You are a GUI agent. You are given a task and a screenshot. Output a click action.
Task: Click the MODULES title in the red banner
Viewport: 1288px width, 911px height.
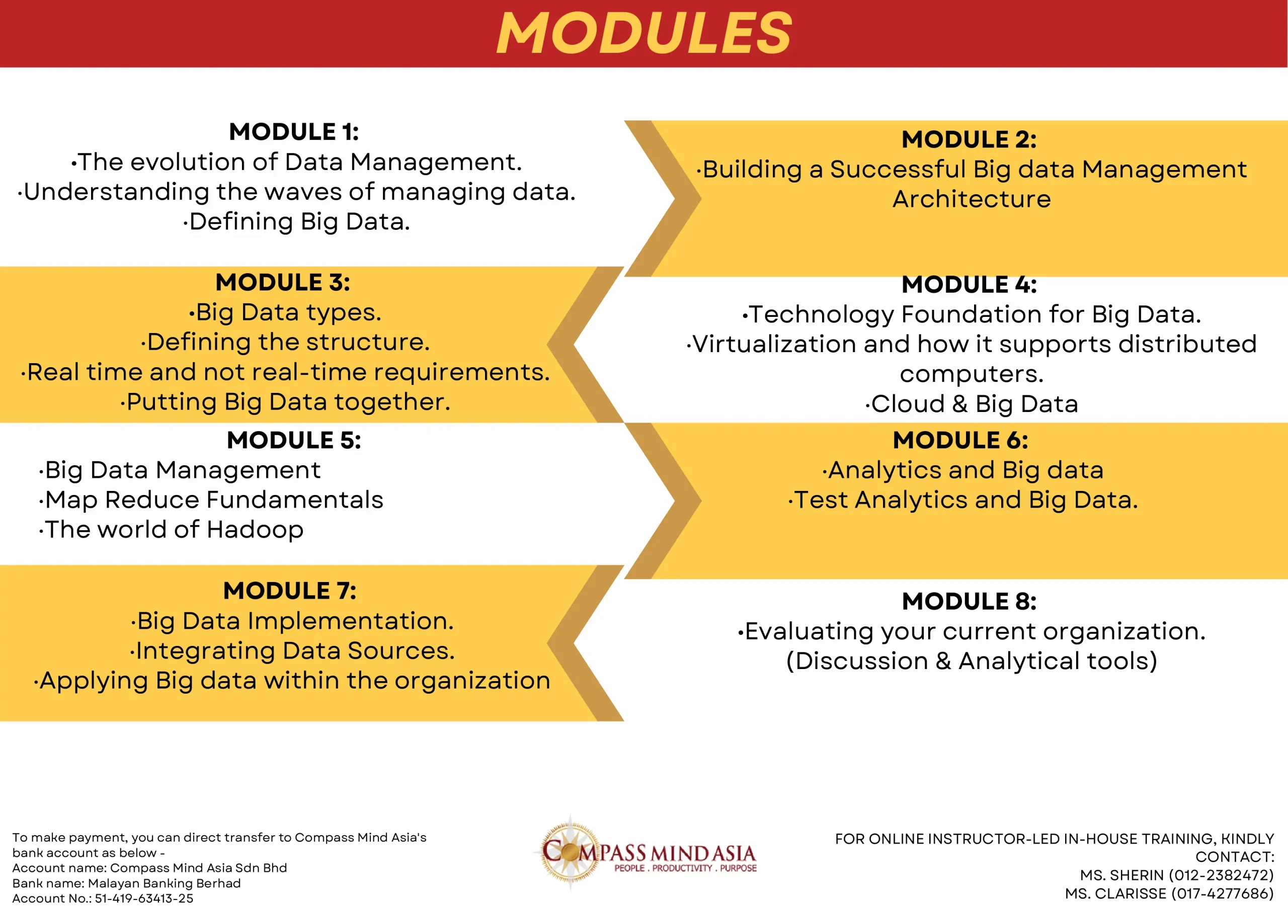tap(644, 34)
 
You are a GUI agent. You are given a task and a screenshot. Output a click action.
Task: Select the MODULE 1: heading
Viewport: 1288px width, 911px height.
tap(294, 132)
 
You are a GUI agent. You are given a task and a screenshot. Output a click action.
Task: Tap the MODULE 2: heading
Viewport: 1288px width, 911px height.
tap(970, 139)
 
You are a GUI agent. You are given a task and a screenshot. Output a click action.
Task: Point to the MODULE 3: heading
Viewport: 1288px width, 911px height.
tap(283, 282)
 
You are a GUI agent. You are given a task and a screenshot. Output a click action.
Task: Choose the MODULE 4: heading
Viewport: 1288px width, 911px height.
tap(970, 284)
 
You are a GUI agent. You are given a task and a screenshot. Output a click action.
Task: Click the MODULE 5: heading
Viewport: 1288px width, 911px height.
tap(294, 440)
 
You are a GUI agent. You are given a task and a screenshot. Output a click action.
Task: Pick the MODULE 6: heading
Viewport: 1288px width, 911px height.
tap(961, 440)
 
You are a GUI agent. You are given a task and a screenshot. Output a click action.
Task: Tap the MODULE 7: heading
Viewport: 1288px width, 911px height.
tap(289, 591)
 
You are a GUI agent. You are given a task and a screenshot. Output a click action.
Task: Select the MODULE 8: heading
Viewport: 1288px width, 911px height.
tap(970, 601)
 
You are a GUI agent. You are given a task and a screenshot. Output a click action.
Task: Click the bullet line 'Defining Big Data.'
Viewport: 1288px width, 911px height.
tap(297, 221)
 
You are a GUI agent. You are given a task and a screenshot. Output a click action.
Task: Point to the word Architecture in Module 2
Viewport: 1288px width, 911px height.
tap(972, 199)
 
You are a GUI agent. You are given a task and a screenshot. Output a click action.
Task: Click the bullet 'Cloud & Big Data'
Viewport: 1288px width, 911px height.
tap(972, 404)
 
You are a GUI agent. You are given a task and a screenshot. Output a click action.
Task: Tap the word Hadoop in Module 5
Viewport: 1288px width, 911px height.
tap(255, 530)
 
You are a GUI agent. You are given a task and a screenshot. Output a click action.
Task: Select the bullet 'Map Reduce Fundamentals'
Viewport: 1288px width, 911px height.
tap(211, 500)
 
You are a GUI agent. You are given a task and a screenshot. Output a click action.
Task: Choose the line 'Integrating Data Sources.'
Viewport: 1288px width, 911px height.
tap(292, 651)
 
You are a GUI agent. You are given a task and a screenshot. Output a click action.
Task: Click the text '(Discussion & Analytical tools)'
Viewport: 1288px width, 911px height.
tap(972, 661)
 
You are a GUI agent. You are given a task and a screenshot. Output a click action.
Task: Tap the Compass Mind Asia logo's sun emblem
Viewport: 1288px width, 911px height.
tap(570, 852)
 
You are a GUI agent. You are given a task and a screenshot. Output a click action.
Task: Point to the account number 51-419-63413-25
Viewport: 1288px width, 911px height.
tap(144, 898)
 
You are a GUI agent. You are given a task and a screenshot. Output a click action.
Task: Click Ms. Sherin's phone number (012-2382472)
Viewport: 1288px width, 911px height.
tap(1221, 875)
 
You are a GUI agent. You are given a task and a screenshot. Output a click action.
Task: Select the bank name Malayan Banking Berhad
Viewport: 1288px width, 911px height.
tap(165, 883)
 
